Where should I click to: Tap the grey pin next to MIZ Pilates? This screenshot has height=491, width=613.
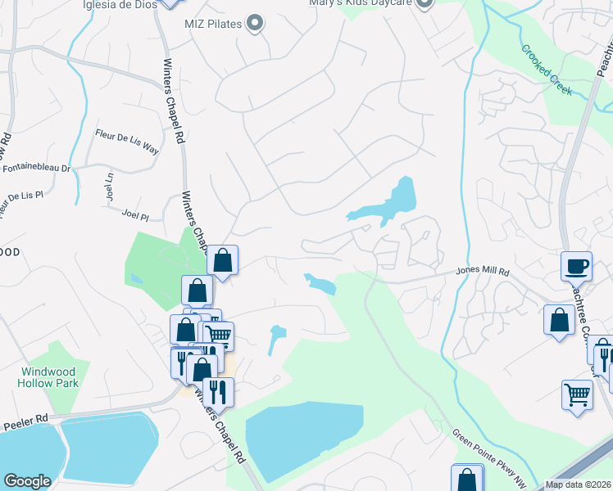[256, 24]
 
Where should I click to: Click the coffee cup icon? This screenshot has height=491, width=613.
[576, 266]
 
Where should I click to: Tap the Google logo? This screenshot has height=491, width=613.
[27, 482]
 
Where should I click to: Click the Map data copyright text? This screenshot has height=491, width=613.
[578, 484]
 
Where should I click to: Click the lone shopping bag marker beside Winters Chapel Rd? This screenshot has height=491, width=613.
[222, 261]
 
